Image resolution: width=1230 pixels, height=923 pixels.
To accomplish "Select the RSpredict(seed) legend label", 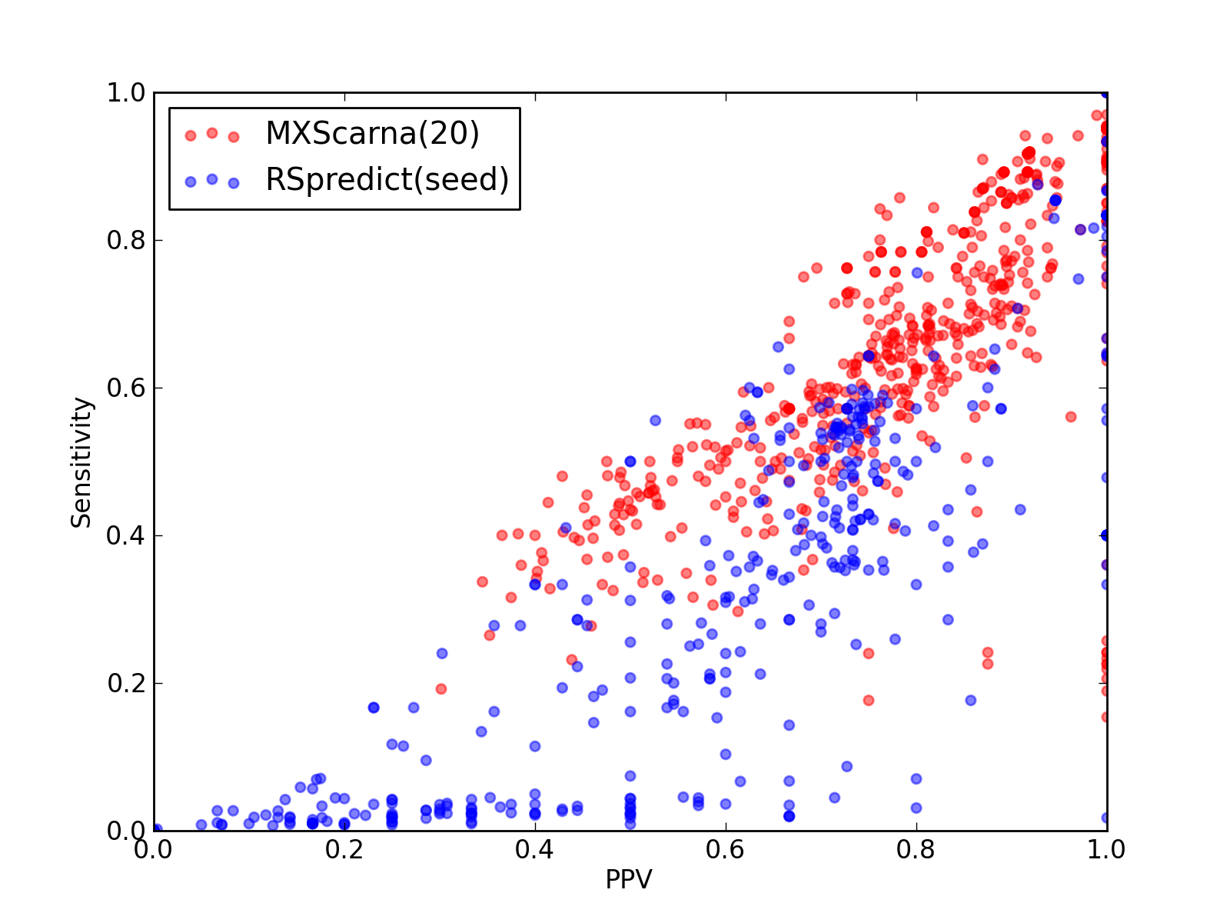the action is point(387,180).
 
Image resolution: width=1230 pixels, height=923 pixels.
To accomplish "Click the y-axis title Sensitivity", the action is point(81,462).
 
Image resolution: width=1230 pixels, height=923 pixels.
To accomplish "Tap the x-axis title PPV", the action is point(629,879).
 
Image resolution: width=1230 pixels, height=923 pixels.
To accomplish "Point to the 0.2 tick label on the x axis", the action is point(344,850).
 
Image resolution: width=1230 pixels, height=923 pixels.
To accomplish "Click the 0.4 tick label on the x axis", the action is point(534,850).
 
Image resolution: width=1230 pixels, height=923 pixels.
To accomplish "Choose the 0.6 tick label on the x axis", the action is point(725,850).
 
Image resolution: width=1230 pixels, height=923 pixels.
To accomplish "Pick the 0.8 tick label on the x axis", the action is point(916,850).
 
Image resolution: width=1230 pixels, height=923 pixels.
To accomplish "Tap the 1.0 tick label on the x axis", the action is point(1105,850).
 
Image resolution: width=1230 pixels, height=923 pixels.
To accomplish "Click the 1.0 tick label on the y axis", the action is point(126,92).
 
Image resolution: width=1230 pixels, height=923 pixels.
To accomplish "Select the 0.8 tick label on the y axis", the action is point(126,241).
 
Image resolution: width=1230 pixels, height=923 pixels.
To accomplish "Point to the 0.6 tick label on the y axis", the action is point(126,388).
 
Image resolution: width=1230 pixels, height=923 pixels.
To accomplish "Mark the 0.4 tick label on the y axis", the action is point(126,536).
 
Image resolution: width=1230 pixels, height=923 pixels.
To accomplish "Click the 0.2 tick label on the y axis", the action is point(126,683).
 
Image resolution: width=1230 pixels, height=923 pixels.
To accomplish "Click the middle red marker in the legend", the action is point(212,133).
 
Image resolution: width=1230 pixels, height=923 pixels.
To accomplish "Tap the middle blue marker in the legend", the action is point(212,179).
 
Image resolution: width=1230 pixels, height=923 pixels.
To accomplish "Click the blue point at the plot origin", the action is point(156,829).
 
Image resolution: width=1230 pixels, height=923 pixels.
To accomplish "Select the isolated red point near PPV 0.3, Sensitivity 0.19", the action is point(441,688).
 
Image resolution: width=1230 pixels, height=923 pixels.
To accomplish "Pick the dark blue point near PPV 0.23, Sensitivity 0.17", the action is point(374,708).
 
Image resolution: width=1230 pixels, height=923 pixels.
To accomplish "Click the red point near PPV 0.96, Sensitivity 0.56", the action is point(1071,416).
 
